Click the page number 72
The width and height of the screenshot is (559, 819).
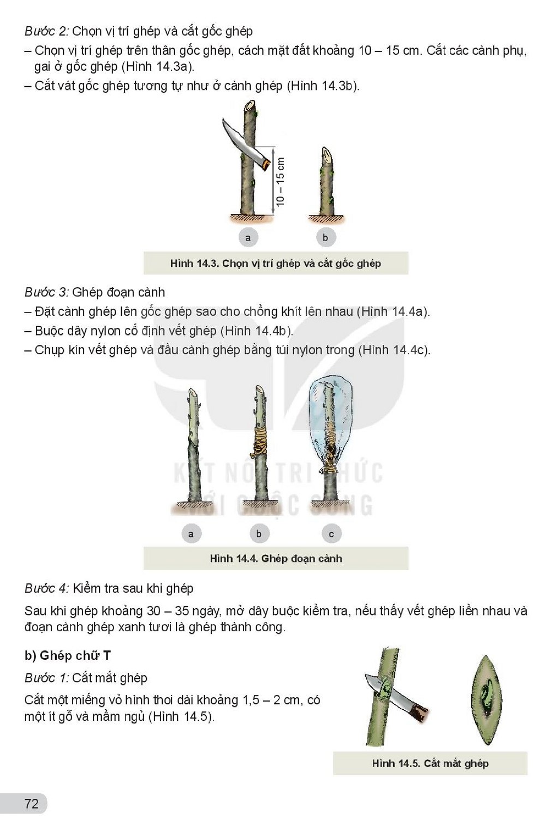tap(32, 803)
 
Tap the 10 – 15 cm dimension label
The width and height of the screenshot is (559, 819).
tap(281, 182)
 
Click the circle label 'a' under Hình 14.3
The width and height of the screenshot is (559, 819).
tap(248, 238)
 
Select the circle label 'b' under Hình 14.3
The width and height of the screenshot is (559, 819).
tap(325, 238)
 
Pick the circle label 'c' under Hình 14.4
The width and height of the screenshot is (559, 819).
tap(331, 534)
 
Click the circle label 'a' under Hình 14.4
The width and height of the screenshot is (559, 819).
tap(191, 534)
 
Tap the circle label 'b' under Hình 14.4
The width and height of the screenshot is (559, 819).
tap(259, 534)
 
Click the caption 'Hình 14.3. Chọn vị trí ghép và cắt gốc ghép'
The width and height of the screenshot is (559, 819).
tap(276, 263)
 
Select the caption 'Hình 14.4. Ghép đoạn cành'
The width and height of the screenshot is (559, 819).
tap(276, 558)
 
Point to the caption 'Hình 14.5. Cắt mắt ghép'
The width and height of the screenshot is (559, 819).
tap(430, 763)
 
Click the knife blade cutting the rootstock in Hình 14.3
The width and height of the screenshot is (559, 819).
tap(241, 142)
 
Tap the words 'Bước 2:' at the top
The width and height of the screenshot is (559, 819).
tap(46, 32)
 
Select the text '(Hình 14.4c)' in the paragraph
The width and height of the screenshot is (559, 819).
tap(394, 350)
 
